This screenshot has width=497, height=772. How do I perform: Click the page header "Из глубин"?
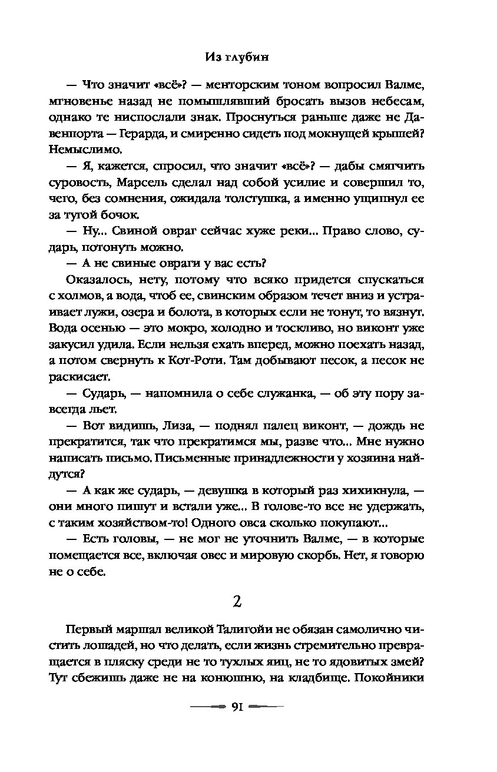(x=248, y=57)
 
